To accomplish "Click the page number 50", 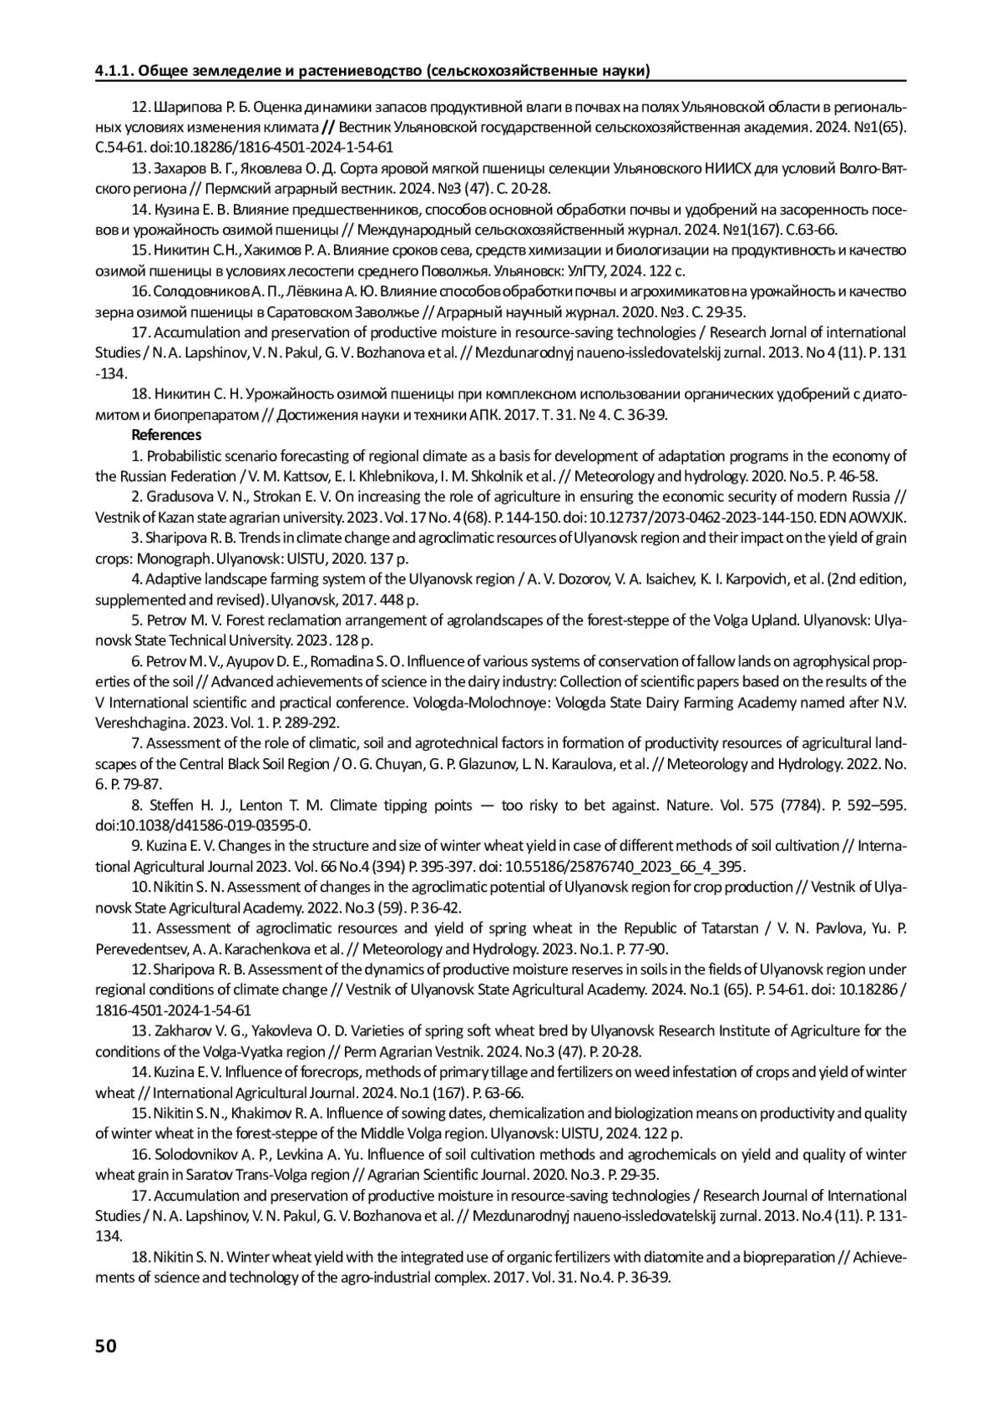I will pyautogui.click(x=106, y=1345).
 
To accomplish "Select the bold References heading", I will pyautogui.click(x=166, y=435).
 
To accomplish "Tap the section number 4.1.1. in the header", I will pyautogui.click(x=114, y=70).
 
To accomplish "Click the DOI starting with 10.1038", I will pyautogui.click(x=203, y=826).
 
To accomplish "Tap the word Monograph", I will pyautogui.click(x=172, y=559).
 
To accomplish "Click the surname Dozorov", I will pyautogui.click(x=574, y=579).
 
